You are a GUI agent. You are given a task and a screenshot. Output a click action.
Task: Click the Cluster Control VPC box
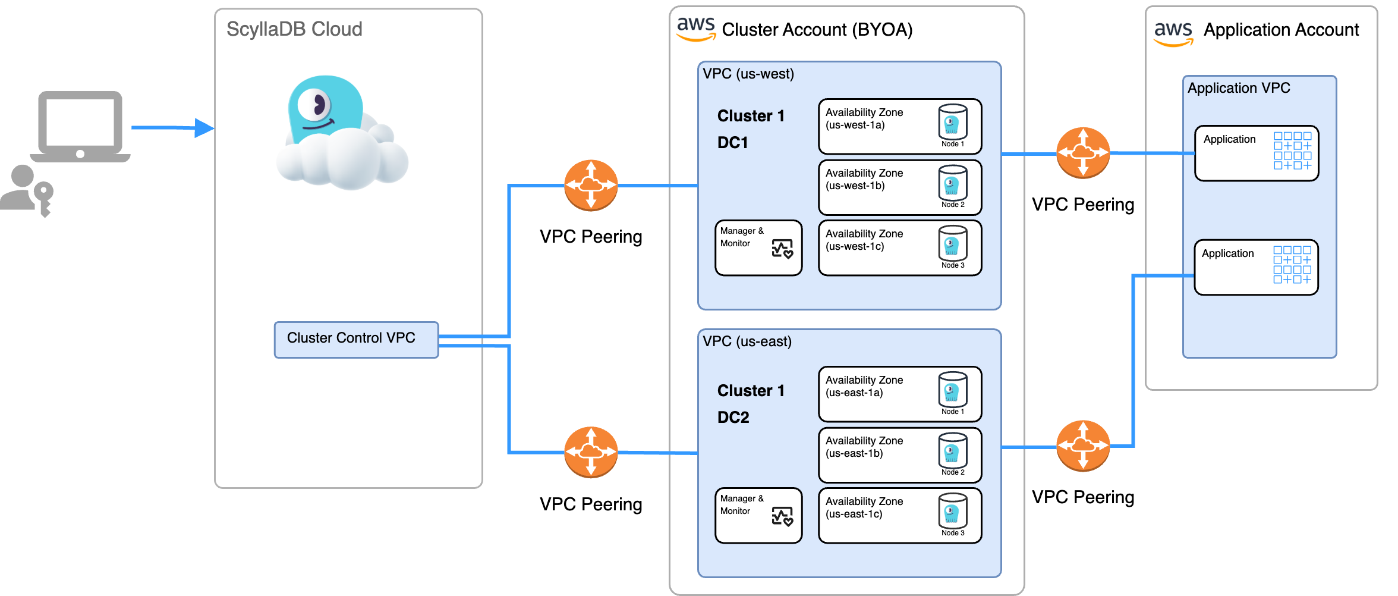pos(355,340)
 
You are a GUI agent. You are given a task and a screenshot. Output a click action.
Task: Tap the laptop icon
pos(80,126)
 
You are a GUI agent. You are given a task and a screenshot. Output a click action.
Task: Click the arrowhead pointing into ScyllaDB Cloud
pos(203,127)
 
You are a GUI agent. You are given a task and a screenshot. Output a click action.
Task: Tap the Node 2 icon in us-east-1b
pos(952,451)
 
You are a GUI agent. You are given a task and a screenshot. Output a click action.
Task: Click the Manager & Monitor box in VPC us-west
pos(758,247)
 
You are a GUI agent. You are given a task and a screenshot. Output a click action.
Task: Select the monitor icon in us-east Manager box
pos(782,516)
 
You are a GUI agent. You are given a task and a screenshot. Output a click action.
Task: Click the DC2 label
pos(733,417)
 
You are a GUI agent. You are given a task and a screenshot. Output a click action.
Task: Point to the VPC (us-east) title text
pos(747,341)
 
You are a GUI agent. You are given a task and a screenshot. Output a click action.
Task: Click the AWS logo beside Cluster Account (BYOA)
pos(695,28)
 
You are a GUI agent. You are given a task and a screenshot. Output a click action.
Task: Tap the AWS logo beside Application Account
pos(1173,33)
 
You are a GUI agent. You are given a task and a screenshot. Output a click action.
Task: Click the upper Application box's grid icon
pos(1292,150)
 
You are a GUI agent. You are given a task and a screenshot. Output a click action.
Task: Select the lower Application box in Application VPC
pos(1255,267)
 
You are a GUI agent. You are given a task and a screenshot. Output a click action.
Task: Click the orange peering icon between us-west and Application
pos(1082,153)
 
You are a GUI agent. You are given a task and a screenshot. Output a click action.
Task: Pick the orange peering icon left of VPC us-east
pos(590,452)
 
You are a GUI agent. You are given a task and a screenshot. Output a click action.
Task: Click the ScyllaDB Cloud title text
pos(294,29)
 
